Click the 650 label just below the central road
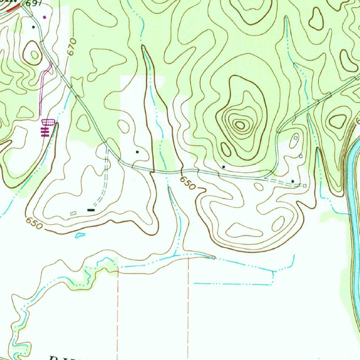point(187,183)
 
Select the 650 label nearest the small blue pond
point(34,223)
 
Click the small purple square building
point(44,17)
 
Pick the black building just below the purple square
point(34,27)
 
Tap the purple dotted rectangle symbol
point(48,122)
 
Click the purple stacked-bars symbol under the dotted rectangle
point(44,131)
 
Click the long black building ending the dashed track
point(91,210)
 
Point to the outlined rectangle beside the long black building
point(73,213)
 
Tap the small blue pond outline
point(80,235)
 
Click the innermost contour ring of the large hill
point(240,124)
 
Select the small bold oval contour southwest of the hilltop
point(226,150)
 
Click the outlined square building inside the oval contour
point(295,139)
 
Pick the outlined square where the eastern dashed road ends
point(304,186)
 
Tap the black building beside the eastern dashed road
point(293,181)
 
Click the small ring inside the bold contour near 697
point(34,54)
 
